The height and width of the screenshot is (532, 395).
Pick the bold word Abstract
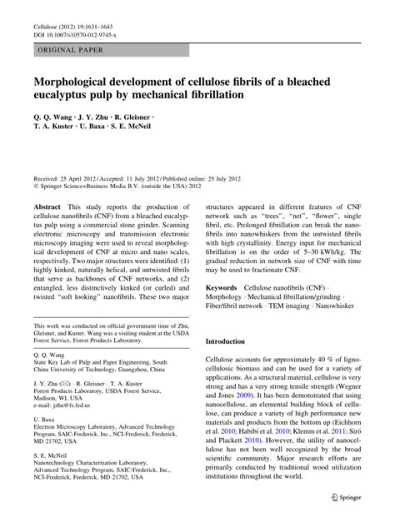pyautogui.click(x=46, y=204)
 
